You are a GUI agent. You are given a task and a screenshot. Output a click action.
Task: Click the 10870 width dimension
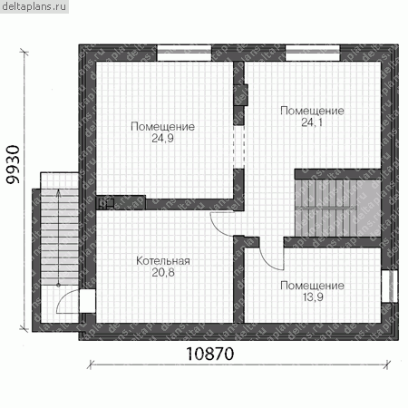coord(210,354)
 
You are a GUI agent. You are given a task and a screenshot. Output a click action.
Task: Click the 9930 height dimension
coord(14,165)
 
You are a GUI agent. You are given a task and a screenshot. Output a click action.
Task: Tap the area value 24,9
coord(162,139)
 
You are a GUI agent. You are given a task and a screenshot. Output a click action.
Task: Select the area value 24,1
coord(312,122)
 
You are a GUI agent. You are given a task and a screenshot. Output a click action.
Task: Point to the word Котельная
coord(163,261)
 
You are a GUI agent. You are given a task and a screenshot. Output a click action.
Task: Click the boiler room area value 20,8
coord(163,273)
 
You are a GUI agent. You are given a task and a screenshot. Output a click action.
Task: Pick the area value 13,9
coord(313,297)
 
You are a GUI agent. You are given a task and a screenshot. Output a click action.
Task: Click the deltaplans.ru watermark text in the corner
coord(34,6)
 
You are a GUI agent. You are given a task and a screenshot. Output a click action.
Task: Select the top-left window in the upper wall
coord(184,53)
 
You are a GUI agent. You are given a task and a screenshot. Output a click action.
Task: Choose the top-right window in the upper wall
coord(313,53)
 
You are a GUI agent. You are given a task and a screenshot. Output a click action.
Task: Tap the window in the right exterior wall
coord(389,286)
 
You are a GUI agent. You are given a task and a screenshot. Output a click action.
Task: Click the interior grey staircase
coord(337,208)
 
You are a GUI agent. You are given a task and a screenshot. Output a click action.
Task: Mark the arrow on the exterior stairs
coord(58,238)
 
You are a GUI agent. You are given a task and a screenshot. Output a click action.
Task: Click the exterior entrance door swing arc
coord(64,297)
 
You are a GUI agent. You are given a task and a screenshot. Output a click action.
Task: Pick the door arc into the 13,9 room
coord(270,261)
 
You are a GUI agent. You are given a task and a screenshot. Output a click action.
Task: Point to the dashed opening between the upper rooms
coord(238,147)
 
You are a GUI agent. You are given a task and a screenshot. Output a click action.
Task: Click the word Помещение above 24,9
coord(162,127)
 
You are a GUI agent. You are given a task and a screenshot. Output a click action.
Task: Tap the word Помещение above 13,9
coord(312,286)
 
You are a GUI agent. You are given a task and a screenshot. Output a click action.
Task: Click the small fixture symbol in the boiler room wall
coord(105,203)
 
